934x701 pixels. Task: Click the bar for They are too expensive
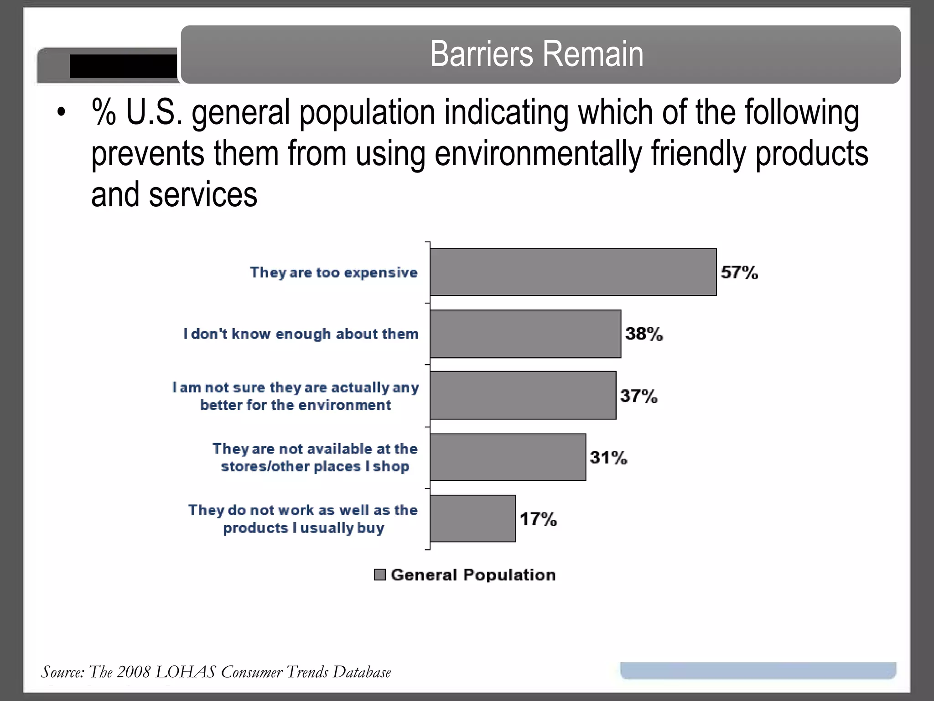pyautogui.click(x=573, y=272)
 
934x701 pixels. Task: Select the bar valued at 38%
pyautogui.click(x=525, y=334)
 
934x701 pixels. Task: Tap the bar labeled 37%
pyautogui.click(x=523, y=395)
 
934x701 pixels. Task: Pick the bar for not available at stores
pyautogui.click(x=508, y=457)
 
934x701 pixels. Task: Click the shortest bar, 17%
pyautogui.click(x=472, y=518)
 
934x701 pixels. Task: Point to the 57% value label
pyautogui.click(x=739, y=273)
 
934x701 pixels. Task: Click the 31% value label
pyautogui.click(x=608, y=457)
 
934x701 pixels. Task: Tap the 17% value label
pyautogui.click(x=538, y=519)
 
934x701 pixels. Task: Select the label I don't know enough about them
pyautogui.click(x=301, y=334)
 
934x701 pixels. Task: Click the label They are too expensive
pyautogui.click(x=334, y=272)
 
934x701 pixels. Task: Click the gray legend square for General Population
pyautogui.click(x=379, y=575)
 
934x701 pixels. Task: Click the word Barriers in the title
pyautogui.click(x=481, y=54)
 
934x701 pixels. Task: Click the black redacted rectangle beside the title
pyautogui.click(x=123, y=66)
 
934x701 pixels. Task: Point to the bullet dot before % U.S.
pyautogui.click(x=61, y=112)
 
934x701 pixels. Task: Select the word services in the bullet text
pyautogui.click(x=203, y=194)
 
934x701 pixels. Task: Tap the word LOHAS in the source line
pyautogui.click(x=185, y=672)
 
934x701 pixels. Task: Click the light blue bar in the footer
pyautogui.click(x=758, y=670)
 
